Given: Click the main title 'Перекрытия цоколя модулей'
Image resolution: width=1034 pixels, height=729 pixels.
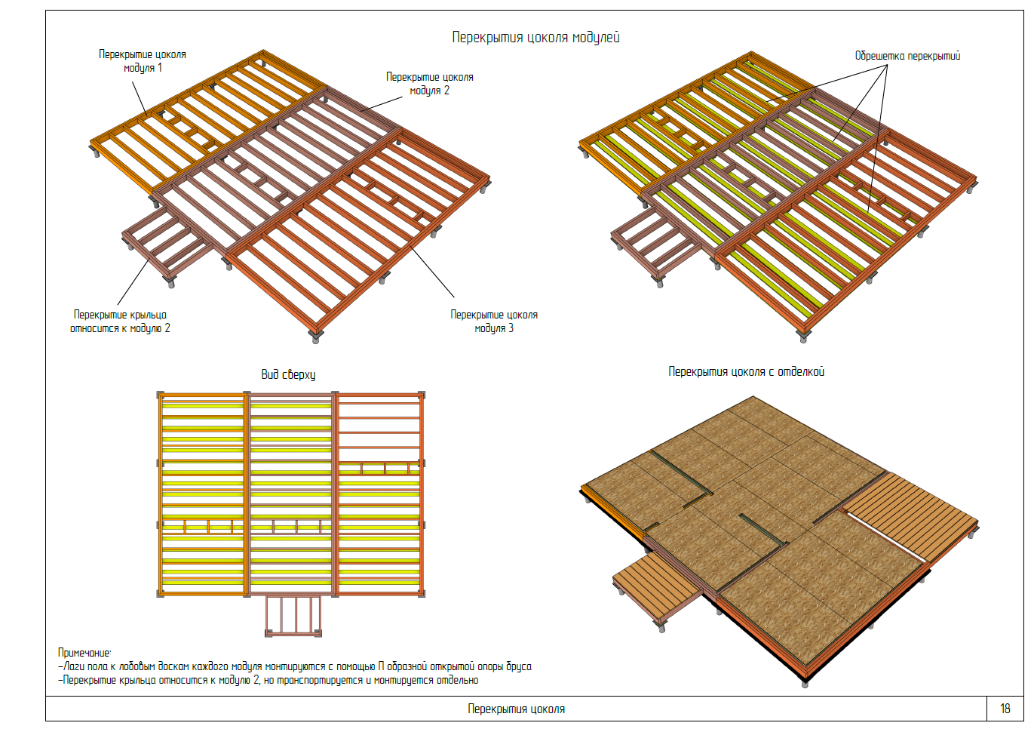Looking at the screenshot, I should tap(535, 37).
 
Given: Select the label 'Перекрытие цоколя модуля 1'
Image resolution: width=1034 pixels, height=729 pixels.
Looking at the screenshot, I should tap(143, 61).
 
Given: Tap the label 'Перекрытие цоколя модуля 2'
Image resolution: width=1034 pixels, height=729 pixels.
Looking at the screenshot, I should tap(429, 83).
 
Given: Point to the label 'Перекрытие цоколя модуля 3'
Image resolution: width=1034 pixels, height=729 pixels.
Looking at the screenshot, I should tap(494, 321).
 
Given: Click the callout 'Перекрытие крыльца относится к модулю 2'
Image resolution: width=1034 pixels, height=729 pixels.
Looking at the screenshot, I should tap(120, 321).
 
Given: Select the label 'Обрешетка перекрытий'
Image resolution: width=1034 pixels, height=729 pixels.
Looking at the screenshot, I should tap(907, 56).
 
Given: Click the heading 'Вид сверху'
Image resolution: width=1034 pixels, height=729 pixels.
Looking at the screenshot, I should tap(288, 374).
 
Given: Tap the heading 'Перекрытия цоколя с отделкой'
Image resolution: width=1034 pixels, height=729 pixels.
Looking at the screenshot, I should tap(746, 371).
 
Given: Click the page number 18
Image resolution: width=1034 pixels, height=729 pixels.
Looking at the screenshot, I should tap(1005, 709).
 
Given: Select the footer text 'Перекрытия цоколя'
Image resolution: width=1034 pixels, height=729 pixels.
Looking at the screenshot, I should tap(516, 709).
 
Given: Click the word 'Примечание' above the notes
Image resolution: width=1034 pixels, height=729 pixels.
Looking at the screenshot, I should tap(84, 653).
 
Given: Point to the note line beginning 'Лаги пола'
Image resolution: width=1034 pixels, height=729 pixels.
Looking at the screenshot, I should tap(297, 666).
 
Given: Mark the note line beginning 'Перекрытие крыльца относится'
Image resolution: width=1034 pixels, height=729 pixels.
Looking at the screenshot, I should tap(270, 680).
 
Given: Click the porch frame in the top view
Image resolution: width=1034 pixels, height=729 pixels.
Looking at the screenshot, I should tap(293, 615).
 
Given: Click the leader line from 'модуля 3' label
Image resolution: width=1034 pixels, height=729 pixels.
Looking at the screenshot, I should tap(432, 272).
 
